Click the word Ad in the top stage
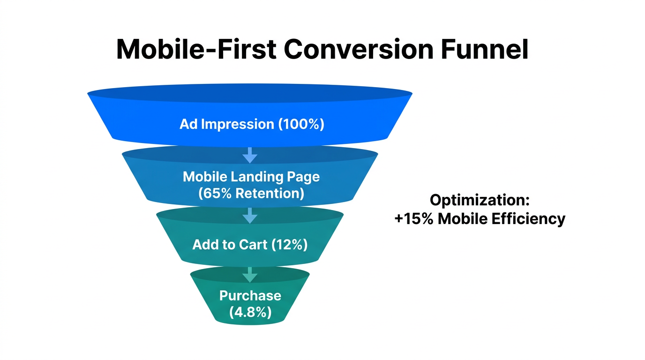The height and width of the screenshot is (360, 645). tap(187, 124)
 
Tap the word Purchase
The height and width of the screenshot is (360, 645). tap(250, 296)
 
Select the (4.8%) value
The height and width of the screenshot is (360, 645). tap(250, 312)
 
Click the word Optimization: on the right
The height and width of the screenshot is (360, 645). tap(480, 201)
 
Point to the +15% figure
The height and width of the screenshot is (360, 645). tap(414, 219)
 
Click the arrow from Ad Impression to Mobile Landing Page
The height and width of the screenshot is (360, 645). tap(250, 155)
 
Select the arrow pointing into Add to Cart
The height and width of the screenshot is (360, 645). tap(250, 216)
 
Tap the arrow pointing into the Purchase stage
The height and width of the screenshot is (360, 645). tap(250, 274)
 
